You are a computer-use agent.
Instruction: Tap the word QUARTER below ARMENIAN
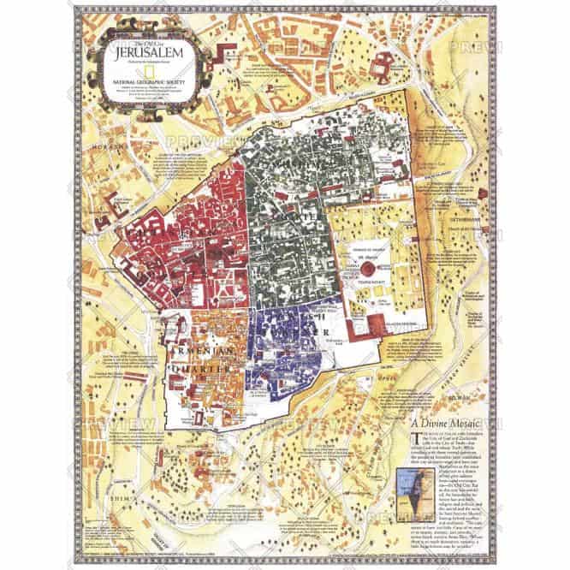(x=204, y=368)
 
